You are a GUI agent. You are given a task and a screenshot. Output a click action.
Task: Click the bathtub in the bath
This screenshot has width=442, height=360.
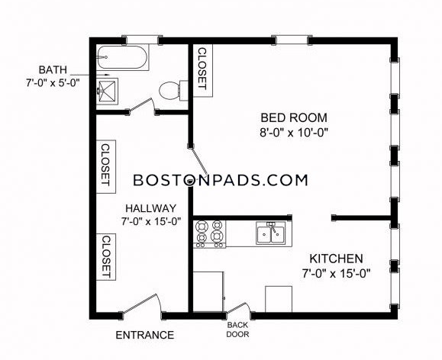pyautogui.click(x=122, y=57)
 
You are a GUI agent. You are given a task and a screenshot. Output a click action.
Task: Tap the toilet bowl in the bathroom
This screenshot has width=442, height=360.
pyautogui.click(x=170, y=91)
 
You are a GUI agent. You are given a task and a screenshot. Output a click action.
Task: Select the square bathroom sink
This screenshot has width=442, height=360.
pyautogui.click(x=107, y=92)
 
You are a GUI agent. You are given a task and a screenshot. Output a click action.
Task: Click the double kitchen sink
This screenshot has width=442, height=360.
pyautogui.click(x=270, y=233)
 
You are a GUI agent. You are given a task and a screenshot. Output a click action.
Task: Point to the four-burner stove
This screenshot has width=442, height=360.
pyautogui.click(x=210, y=234)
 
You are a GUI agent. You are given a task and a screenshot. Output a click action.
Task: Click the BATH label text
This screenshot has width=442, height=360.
pyautogui.click(x=53, y=69)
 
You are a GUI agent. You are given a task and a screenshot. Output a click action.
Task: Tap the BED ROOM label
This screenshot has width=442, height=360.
pyautogui.click(x=294, y=117)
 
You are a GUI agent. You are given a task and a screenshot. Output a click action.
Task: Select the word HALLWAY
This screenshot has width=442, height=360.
pyautogui.click(x=151, y=208)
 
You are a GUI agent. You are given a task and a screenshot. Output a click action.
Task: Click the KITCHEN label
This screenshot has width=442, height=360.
pyautogui.click(x=336, y=259)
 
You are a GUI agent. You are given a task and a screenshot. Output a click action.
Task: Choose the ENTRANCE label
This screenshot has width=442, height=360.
pyautogui.click(x=145, y=335)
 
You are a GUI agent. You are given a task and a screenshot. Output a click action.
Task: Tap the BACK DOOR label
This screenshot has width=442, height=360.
pyautogui.click(x=238, y=329)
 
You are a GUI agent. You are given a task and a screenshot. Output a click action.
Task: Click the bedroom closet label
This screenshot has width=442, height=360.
pyautogui.click(x=202, y=69)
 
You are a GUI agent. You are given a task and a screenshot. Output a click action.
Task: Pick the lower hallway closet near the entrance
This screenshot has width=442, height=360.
pyautogui.click(x=106, y=256)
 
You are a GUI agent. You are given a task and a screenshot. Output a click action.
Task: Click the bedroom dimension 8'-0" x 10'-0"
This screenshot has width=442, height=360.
pyautogui.click(x=294, y=132)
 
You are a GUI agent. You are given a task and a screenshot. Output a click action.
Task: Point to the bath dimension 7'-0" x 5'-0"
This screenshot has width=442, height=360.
pyautogui.click(x=53, y=83)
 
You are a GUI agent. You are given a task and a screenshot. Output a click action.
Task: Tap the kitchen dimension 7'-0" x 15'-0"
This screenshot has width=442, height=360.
pyautogui.click(x=336, y=273)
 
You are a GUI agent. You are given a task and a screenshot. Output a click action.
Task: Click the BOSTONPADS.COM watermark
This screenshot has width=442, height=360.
pyautogui.click(x=221, y=180)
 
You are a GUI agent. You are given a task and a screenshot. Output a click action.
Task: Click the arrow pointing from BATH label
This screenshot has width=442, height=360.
pyautogui.click(x=89, y=75)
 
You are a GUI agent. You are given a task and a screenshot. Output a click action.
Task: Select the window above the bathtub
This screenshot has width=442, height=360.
pyautogui.click(x=142, y=40)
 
